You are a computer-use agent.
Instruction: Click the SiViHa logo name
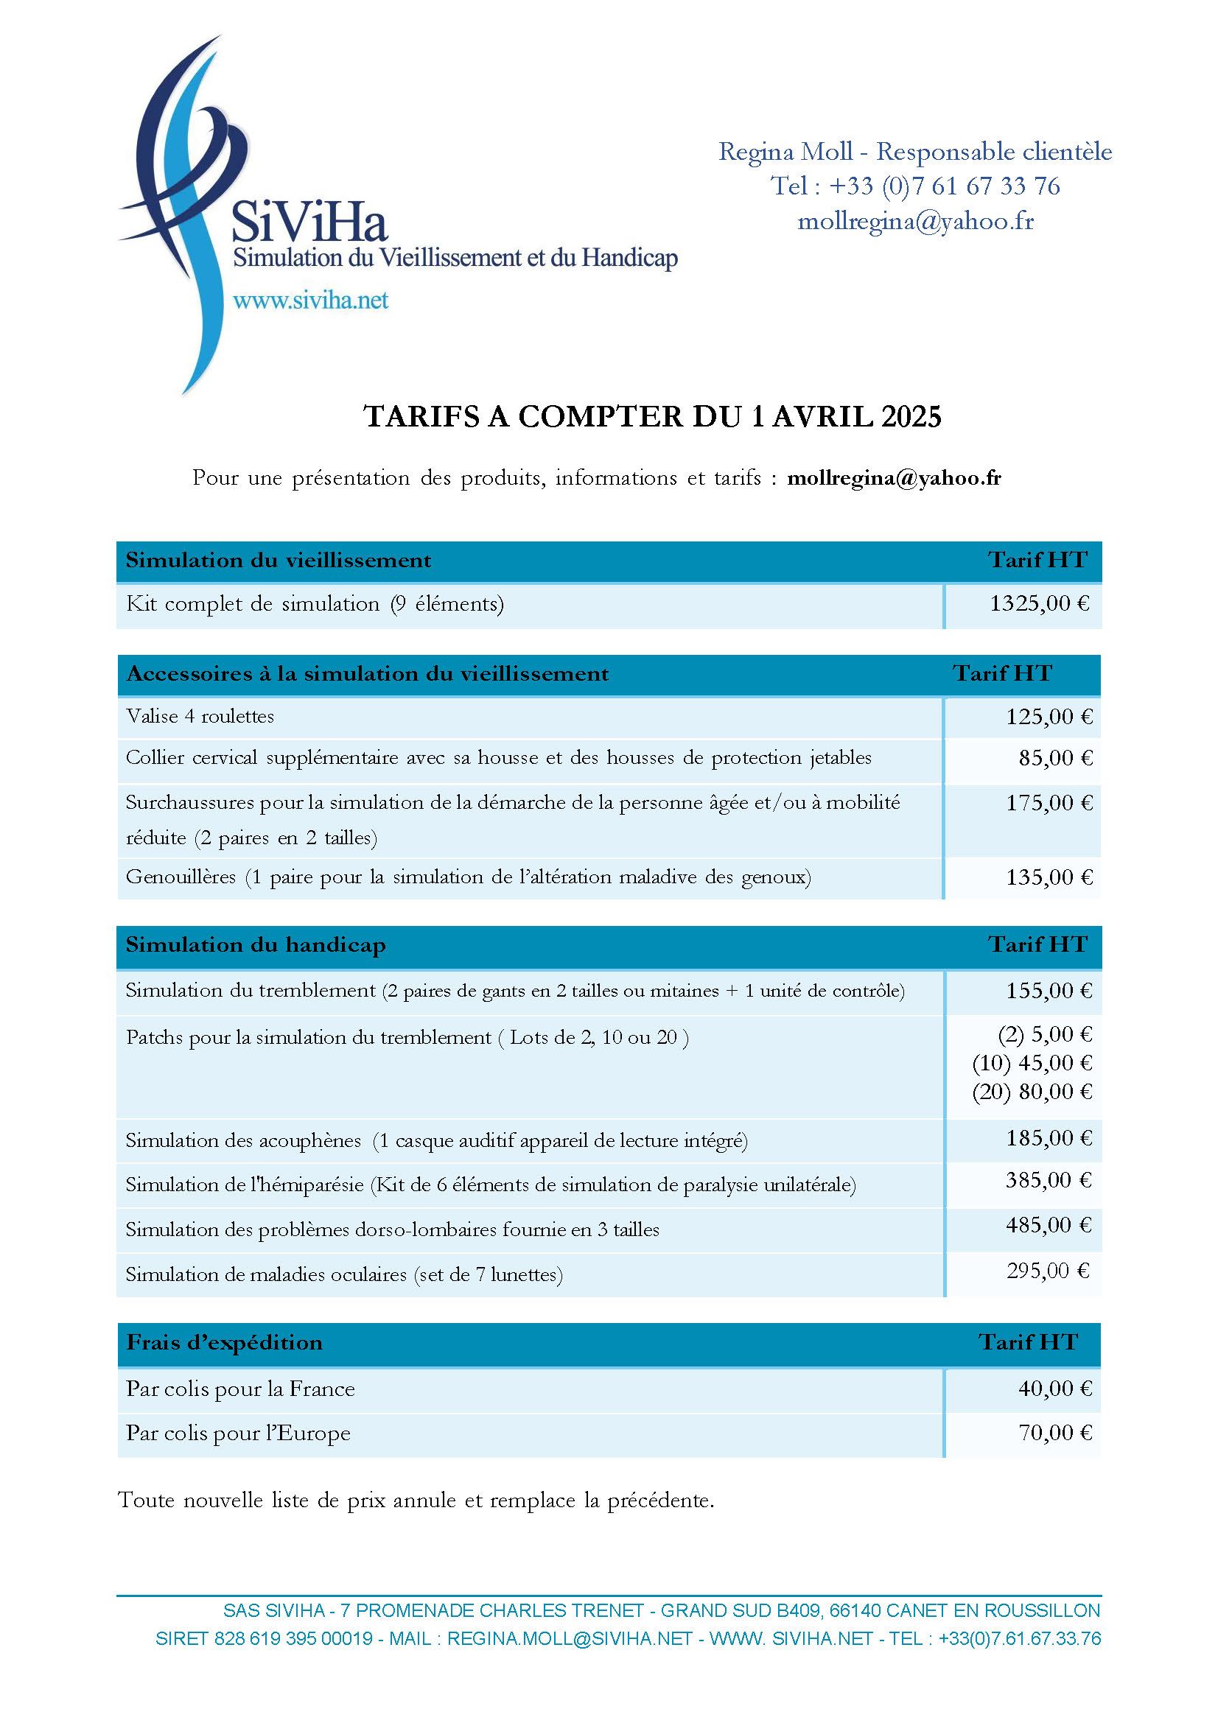(x=309, y=222)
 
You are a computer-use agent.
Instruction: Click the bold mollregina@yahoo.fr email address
(x=894, y=478)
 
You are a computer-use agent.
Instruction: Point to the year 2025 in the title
(x=911, y=416)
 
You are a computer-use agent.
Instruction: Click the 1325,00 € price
(x=1040, y=603)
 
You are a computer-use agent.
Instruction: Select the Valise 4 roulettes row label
(x=200, y=717)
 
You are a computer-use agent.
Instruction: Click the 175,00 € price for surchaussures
(x=1049, y=804)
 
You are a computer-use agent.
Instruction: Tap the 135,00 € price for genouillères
(x=1049, y=877)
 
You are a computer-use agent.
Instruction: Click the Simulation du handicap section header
(x=256, y=945)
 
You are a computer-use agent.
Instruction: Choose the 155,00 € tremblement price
(x=1049, y=992)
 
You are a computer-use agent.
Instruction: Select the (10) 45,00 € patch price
(x=1032, y=1064)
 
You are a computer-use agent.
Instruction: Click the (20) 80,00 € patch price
(x=1032, y=1092)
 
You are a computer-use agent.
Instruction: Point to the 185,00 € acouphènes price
(x=1049, y=1138)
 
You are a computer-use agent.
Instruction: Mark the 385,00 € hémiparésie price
(x=1049, y=1181)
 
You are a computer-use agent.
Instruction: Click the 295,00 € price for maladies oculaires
(x=1049, y=1271)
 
